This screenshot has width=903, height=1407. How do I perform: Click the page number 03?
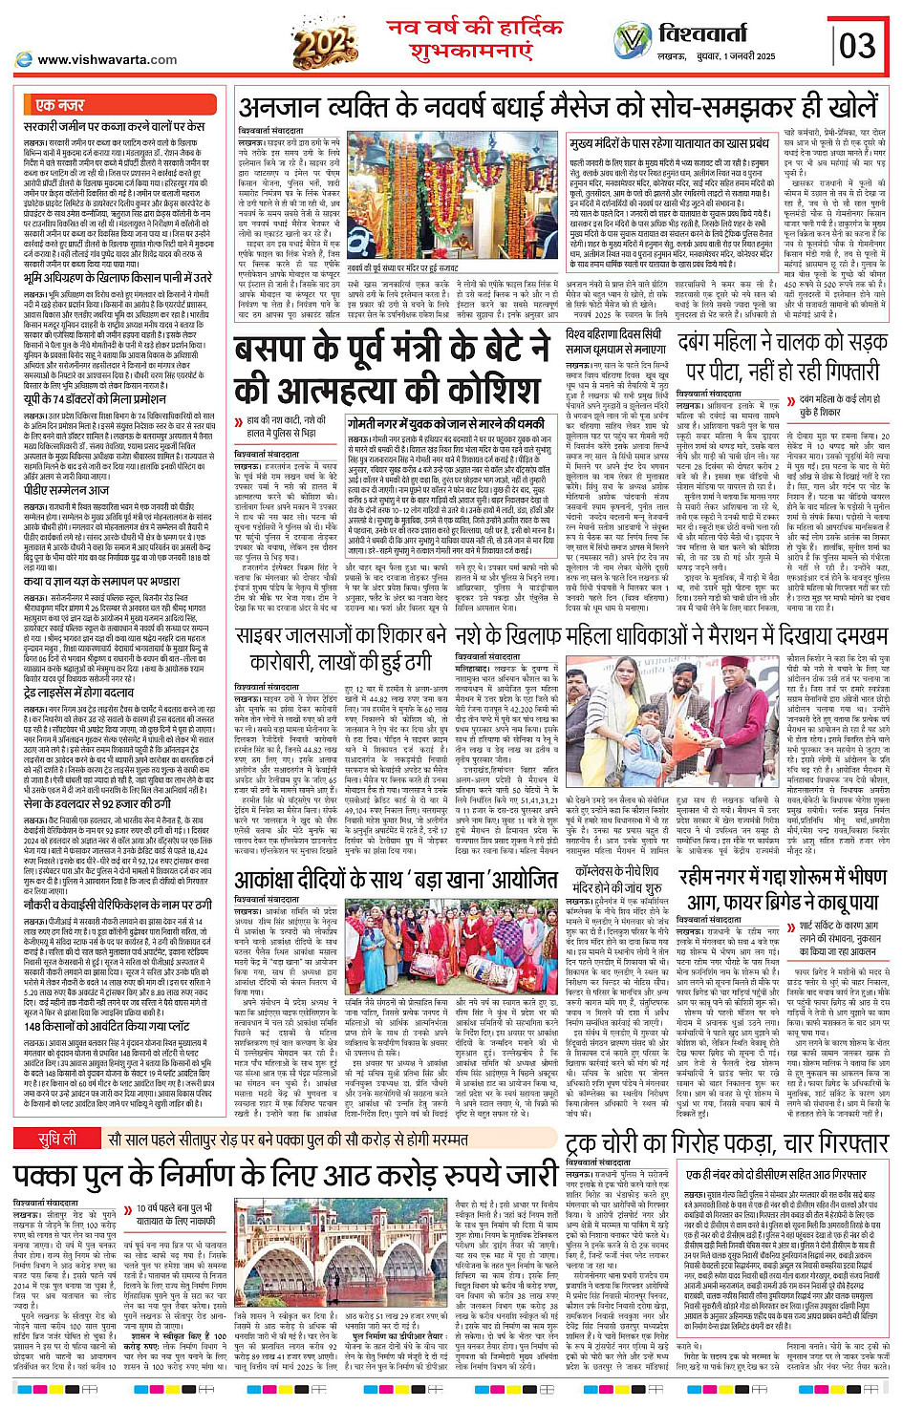[856, 45]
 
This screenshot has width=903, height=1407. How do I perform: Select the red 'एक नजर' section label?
[59, 105]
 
